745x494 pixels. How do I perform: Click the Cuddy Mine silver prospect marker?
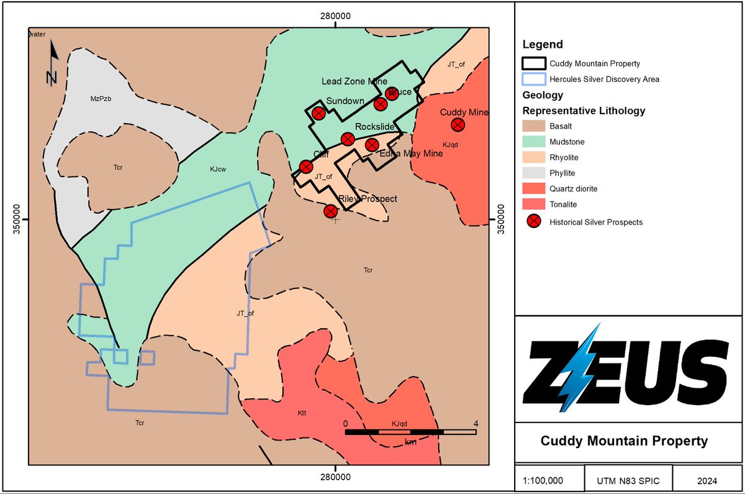[x=458, y=124]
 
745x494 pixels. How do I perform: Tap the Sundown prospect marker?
[x=318, y=113]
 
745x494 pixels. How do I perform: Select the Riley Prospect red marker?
[x=331, y=211]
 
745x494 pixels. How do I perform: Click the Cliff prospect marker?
[x=305, y=167]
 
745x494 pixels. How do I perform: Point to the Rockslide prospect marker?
[x=347, y=139]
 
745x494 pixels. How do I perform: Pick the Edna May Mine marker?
[x=372, y=145]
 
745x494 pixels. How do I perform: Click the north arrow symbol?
[x=53, y=62]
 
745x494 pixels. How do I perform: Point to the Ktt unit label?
[x=302, y=413]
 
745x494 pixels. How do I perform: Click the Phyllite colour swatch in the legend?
[x=534, y=173]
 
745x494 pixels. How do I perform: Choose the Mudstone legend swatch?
[x=534, y=142]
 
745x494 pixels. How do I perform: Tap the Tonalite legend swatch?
[x=534, y=204]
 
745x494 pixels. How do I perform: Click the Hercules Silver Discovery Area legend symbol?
[x=534, y=79]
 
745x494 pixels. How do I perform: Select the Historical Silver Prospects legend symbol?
[x=534, y=222]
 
